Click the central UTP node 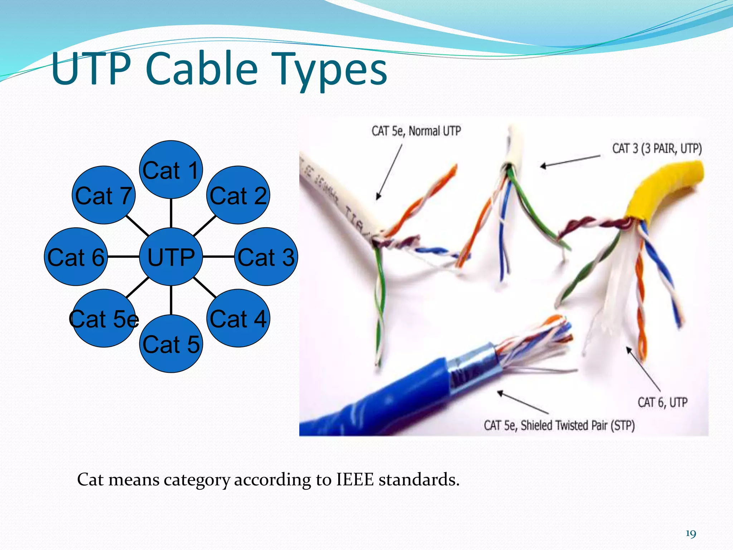pos(171,256)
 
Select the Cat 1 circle pos(171,170)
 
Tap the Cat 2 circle pos(238,195)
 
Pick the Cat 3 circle pos(266,256)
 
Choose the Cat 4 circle pos(238,318)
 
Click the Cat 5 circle pos(171,344)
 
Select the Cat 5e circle pos(104,318)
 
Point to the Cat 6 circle pos(76,256)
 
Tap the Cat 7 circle pos(104,195)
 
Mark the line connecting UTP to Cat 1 pos(171,213)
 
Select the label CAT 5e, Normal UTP pos(416,131)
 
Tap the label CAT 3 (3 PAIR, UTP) pos(657,148)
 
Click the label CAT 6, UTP pos(662,402)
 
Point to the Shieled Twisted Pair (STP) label pos(577,425)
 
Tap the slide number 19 pos(690,534)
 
